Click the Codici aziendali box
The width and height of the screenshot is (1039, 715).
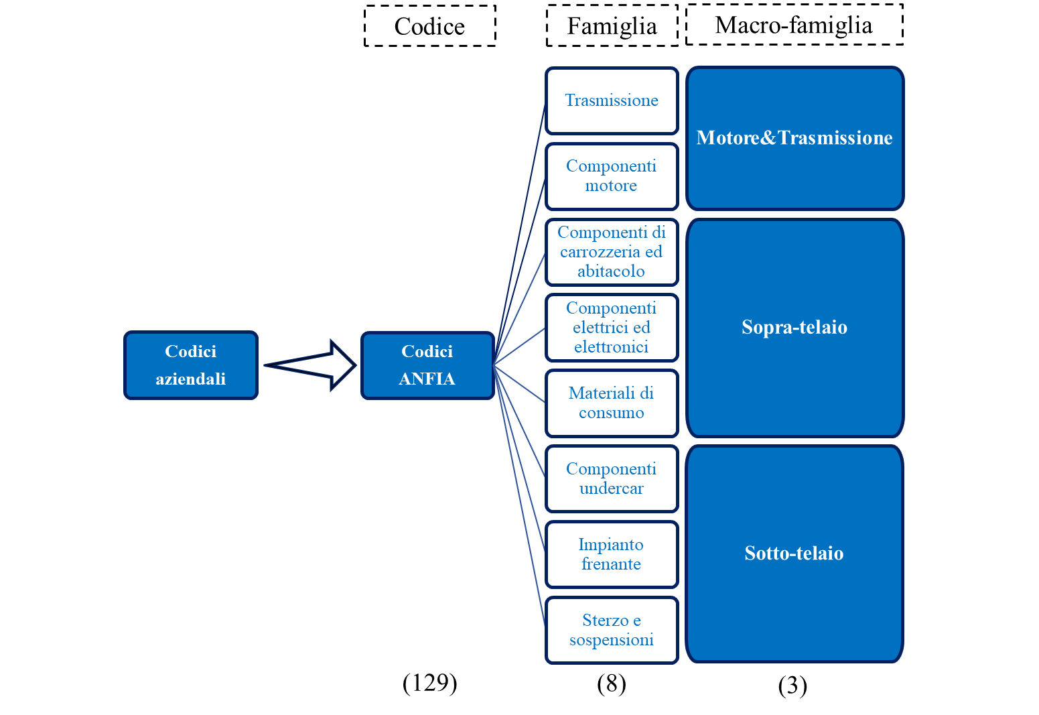pyautogui.click(x=191, y=365)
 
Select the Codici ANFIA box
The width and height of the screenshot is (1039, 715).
pyautogui.click(x=427, y=365)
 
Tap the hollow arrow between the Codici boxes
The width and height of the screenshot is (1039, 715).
pyautogui.click(x=311, y=365)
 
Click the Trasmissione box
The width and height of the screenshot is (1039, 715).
pyautogui.click(x=612, y=101)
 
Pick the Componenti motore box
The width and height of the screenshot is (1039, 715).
pyautogui.click(x=612, y=176)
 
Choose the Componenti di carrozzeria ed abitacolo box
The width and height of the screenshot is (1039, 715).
pyautogui.click(x=612, y=252)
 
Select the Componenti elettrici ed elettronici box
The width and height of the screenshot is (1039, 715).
pyautogui.click(x=612, y=328)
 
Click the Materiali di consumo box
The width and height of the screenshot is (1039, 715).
pyautogui.click(x=612, y=403)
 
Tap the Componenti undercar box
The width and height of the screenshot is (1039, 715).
pyautogui.click(x=612, y=479)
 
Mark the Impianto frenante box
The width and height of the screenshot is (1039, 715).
pyautogui.click(x=612, y=555)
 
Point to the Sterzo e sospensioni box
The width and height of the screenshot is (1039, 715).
pyautogui.click(x=612, y=631)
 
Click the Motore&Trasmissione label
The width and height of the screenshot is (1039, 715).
pyautogui.click(x=794, y=138)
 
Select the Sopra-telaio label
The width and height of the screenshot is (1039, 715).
pyautogui.click(x=794, y=328)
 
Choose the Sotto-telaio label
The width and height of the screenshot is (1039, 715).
pyautogui.click(x=794, y=554)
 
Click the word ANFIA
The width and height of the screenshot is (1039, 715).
pyautogui.click(x=427, y=379)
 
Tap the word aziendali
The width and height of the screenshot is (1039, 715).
pyautogui.click(x=191, y=379)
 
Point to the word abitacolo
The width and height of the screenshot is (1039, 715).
pyautogui.click(x=612, y=271)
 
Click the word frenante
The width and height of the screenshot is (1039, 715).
pyautogui.click(x=612, y=564)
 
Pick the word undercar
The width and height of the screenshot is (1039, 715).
pyautogui.click(x=612, y=489)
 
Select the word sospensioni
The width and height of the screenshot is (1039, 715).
pyautogui.click(x=612, y=640)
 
